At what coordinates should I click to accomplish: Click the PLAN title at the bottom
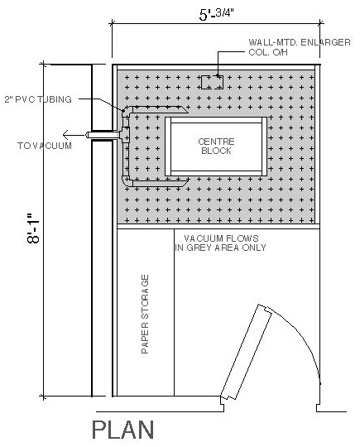[122, 430]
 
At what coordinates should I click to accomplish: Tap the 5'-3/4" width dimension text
[216, 14]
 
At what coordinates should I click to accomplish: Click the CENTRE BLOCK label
[216, 146]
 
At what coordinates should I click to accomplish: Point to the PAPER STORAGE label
[145, 315]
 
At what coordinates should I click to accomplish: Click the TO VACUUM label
[45, 146]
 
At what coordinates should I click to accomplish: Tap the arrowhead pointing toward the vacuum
[66, 134]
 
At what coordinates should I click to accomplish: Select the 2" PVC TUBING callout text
[38, 99]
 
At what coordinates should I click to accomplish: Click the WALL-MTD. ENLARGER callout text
[300, 42]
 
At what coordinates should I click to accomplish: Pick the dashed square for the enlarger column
[212, 83]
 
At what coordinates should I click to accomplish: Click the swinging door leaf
[246, 352]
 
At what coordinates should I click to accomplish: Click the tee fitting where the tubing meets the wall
[125, 135]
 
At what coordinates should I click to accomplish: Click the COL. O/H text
[268, 52]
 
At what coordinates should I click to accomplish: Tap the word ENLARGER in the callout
[325, 42]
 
